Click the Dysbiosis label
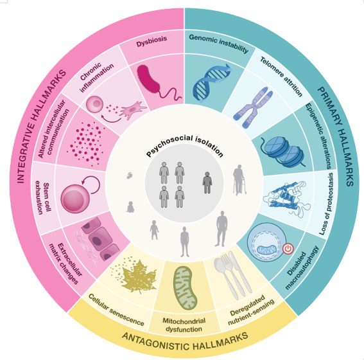(x=152, y=41)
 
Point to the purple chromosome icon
(x=254, y=107)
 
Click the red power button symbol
(x=288, y=248)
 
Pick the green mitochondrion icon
(x=186, y=288)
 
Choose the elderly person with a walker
(x=239, y=179)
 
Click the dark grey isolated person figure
(x=207, y=183)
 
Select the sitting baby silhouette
(x=130, y=207)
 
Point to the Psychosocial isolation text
(x=185, y=146)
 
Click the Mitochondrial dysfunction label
(x=184, y=325)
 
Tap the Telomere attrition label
(x=281, y=76)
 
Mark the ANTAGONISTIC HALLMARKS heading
(x=185, y=341)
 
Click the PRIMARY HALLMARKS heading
(x=336, y=136)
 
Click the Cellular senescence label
(x=116, y=310)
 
